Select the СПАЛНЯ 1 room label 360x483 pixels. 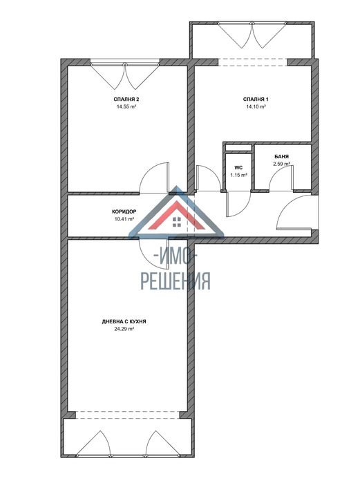coord(256,100)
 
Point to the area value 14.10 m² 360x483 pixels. coord(256,108)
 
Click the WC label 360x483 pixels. coord(238,167)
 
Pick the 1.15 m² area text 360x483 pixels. coord(238,175)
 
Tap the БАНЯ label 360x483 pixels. coord(281,157)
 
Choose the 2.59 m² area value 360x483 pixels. coord(281,164)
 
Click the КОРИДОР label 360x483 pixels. coord(124,212)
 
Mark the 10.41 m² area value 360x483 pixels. coord(124,220)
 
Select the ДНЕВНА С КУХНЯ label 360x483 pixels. coord(124,322)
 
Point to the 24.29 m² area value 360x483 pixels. coord(124,330)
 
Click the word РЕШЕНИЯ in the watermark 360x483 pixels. coord(176,280)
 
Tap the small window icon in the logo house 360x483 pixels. coord(177,222)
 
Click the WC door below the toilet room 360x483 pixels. coord(235,205)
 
